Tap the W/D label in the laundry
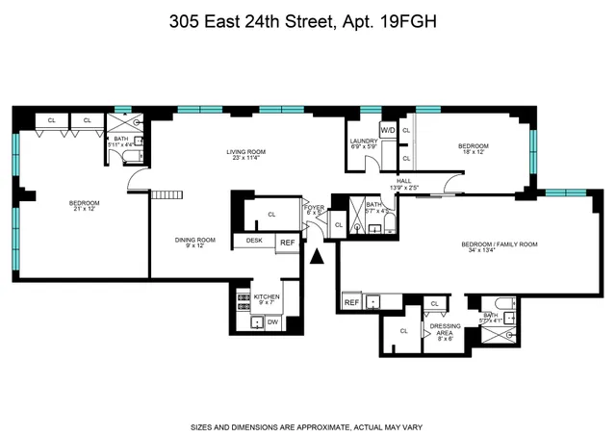point(389,130)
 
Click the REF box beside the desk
point(287,244)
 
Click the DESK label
point(255,240)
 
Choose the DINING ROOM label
point(194,240)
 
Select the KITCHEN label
point(267,296)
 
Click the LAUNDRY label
point(364,141)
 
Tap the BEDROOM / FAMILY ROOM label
point(499,244)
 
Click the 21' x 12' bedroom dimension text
point(84,211)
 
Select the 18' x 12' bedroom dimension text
point(474,152)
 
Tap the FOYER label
point(315,207)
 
